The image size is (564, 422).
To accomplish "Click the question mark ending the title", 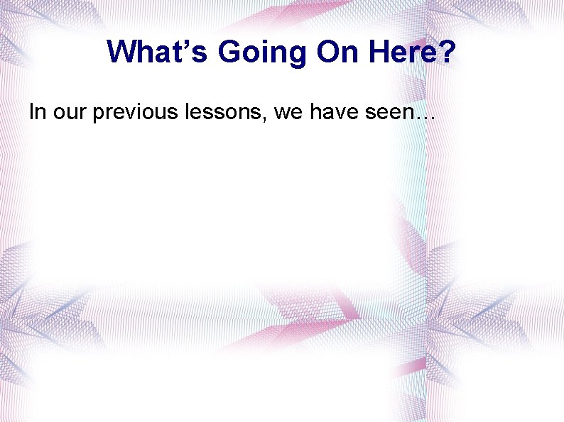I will tap(446, 52).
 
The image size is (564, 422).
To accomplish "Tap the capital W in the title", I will tap(123, 52).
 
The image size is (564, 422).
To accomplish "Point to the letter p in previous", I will tap(98, 115).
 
